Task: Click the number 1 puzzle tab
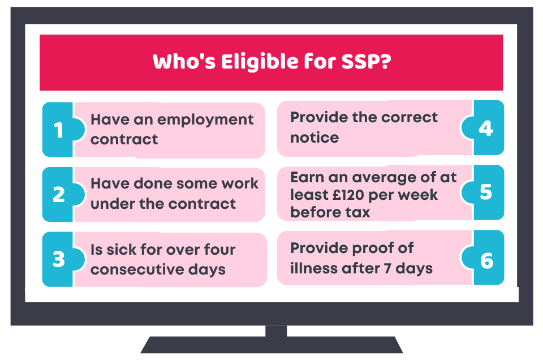pos(59,130)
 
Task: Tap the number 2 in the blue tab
pos(59,194)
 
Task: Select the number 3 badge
pos(59,259)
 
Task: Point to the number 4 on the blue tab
pos(485,128)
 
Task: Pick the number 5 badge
pos(485,192)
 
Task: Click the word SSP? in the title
pos(367,62)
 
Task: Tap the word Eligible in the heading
pos(260,62)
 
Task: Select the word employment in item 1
pos(205,121)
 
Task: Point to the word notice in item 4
pos(314,138)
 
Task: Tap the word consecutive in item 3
pos(137,269)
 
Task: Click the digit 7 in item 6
pos(387,268)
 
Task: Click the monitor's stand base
pos(272,345)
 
